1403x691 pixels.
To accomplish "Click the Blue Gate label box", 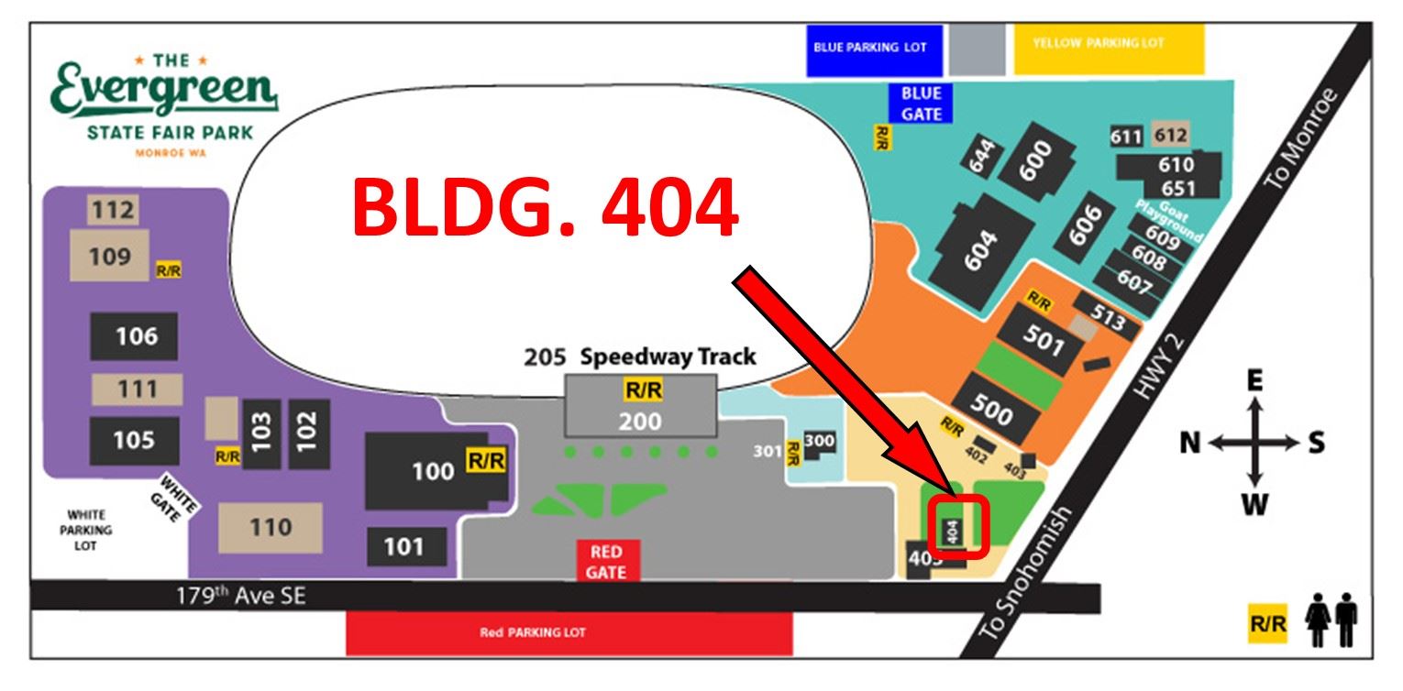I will coord(921,103).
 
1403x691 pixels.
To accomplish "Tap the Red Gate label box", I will coord(606,561).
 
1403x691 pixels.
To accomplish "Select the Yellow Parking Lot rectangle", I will coord(1109,49).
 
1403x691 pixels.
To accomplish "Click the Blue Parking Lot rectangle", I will coord(874,49).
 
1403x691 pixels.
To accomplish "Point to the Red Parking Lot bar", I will coord(569,633).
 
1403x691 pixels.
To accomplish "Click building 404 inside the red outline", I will coord(953,528).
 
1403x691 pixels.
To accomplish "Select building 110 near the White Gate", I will coord(270,527).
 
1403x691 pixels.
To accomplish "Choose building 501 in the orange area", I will coord(1044,340).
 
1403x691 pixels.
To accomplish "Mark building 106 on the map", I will coord(135,336).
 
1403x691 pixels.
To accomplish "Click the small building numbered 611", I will coord(1126,137).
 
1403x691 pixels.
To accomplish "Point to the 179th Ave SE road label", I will coord(240,596).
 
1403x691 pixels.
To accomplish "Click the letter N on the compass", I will coord(1190,444).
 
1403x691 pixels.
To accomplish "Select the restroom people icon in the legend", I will coord(1332,622).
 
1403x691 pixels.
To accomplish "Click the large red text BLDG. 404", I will coord(545,209).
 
